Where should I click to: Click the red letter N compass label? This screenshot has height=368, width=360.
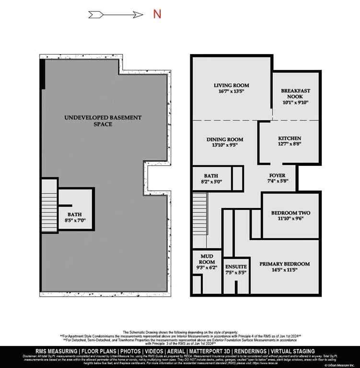point(157,14)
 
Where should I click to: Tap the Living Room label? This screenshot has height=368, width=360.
point(232,86)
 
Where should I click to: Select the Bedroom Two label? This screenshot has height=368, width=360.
point(288,213)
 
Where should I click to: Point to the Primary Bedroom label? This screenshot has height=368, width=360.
point(285,264)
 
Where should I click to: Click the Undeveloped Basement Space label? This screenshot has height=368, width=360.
point(103,120)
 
